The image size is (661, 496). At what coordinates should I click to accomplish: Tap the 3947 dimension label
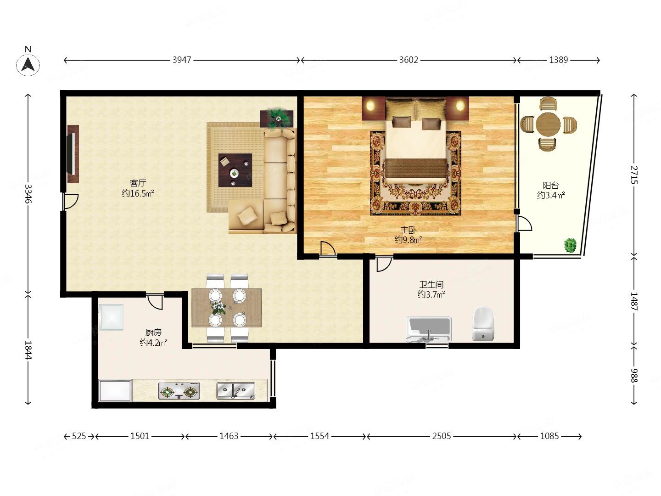coord(182,60)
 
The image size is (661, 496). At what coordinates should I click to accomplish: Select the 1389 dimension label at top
coord(558,60)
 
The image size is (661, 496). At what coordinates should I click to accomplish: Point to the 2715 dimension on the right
coord(633,175)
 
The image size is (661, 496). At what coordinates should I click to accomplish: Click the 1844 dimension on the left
coord(28,350)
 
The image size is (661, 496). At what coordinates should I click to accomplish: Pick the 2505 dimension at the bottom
coord(442,436)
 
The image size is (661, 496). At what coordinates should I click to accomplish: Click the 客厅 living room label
coord(138,183)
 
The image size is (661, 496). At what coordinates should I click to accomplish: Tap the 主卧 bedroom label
coord(408,231)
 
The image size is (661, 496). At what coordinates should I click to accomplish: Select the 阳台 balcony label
coord(551,185)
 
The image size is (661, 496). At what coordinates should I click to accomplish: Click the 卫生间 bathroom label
coord(431,284)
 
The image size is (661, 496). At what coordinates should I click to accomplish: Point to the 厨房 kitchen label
coord(153,333)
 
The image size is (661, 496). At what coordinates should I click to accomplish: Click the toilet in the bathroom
coord(483,324)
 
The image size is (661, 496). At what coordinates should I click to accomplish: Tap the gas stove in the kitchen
coord(179,391)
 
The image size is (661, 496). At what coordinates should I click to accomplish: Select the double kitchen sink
coord(236,391)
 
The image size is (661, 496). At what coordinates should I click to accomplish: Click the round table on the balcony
coord(548,124)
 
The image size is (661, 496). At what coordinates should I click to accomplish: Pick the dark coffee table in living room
coord(235,170)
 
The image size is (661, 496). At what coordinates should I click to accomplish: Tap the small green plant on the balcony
coord(570,245)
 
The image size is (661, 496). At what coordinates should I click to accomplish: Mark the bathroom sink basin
coord(429,329)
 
